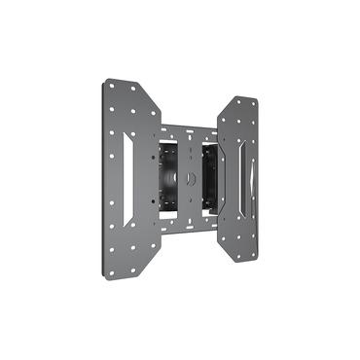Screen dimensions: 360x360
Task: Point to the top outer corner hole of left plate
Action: [111, 86]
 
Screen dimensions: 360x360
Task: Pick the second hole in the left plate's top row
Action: [122, 88]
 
